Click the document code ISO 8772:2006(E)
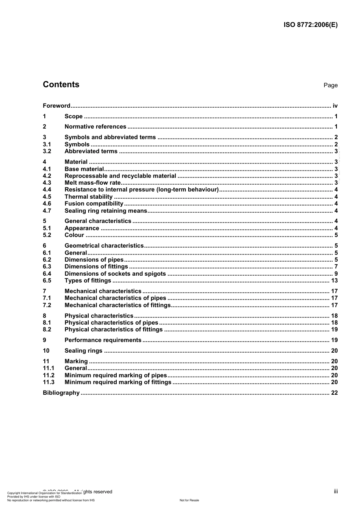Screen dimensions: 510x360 [x=310, y=25]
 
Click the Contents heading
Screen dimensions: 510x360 [x=61, y=85]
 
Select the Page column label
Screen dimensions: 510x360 [x=330, y=85]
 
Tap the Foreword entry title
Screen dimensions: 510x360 [x=56, y=106]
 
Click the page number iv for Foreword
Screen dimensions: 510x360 [x=335, y=106]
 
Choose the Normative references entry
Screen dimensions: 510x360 [x=95, y=127]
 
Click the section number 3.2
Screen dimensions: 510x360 [x=47, y=151]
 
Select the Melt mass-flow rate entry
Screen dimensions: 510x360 [x=92, y=183]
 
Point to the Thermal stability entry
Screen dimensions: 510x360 [x=88, y=197]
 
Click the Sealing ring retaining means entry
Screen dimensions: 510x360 [x=106, y=211]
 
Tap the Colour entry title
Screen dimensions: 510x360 [x=74, y=235]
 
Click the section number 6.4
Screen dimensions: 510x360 [x=47, y=274]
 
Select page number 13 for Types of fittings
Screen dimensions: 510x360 [x=334, y=281]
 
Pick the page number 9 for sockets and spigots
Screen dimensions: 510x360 [x=336, y=274]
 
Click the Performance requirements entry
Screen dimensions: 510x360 [x=103, y=340]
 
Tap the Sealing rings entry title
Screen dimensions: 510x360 [x=83, y=351]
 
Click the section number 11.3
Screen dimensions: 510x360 [x=49, y=382]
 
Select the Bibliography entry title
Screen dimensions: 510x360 [x=61, y=393]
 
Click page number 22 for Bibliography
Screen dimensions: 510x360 [x=334, y=393]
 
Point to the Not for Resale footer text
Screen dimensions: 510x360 [x=189, y=500]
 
